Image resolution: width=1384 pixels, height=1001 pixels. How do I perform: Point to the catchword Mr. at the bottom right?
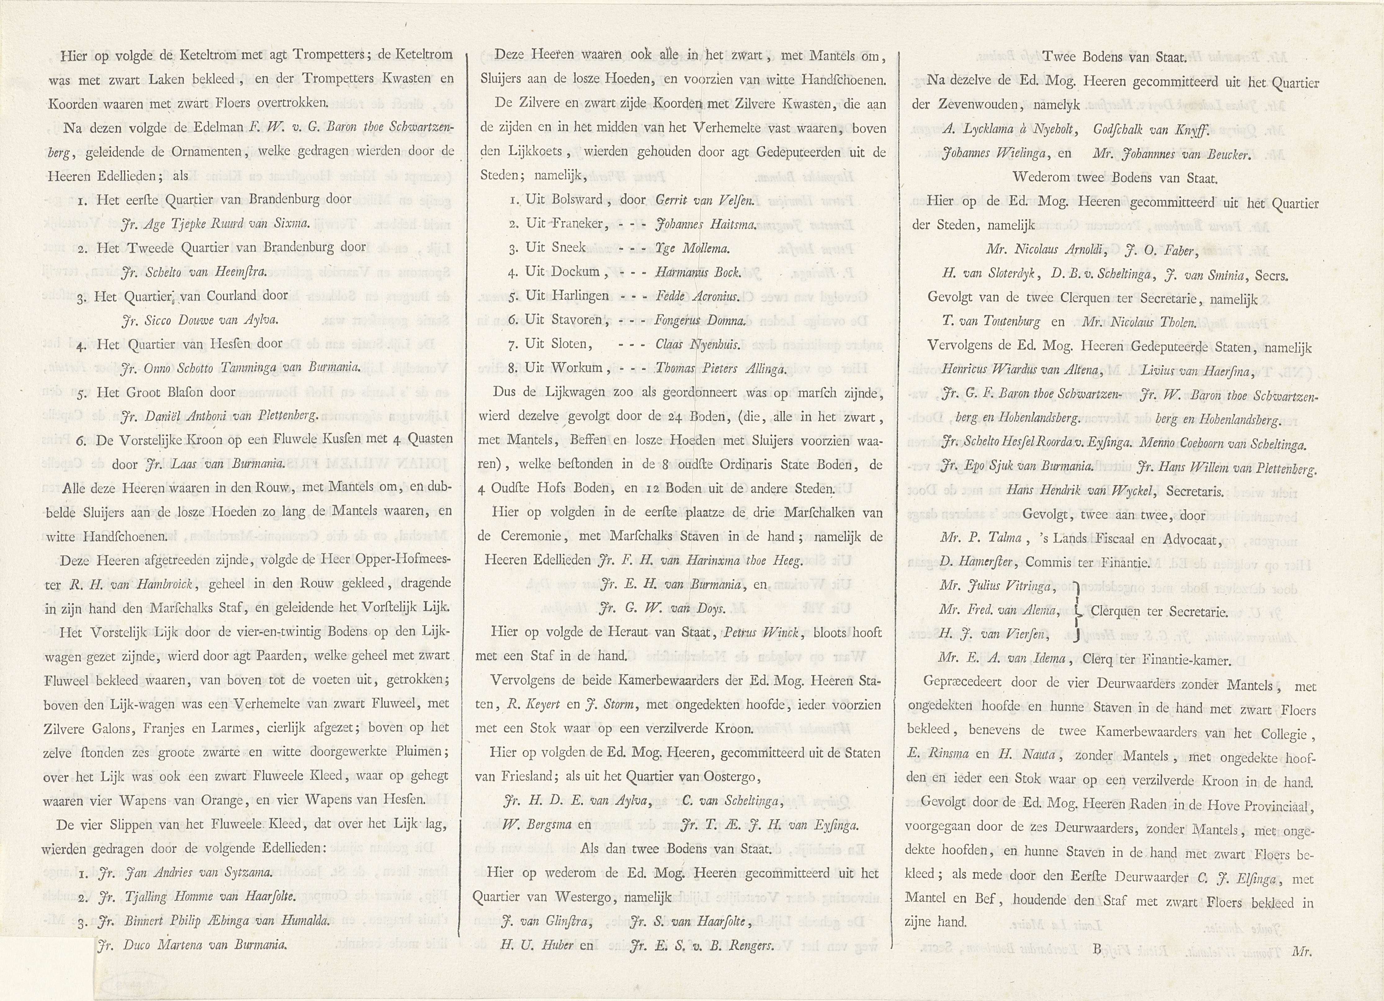[x=1301, y=950]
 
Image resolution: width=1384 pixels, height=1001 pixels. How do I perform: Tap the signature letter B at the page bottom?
[x=1097, y=949]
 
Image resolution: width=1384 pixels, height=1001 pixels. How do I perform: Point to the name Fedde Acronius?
[x=697, y=296]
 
